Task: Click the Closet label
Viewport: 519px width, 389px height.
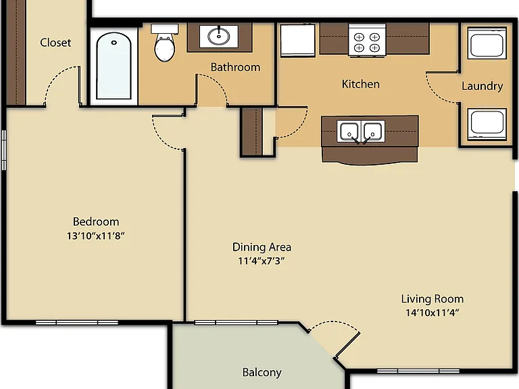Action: [55, 43]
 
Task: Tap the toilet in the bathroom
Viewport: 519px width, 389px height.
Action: [164, 43]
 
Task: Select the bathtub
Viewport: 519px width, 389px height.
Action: [114, 66]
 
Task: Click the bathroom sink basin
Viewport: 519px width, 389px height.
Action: [218, 36]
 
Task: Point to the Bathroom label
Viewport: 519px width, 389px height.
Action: [235, 67]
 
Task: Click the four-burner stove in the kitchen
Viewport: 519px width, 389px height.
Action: [367, 40]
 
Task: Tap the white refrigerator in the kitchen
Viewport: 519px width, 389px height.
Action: [298, 40]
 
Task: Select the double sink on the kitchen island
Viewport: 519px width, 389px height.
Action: [361, 131]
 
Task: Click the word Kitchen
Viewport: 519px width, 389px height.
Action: [361, 84]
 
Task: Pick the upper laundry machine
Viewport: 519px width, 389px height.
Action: [487, 43]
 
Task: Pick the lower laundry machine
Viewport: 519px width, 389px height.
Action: [487, 124]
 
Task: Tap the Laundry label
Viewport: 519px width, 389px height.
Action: [483, 86]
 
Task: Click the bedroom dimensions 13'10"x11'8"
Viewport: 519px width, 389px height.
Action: [96, 236]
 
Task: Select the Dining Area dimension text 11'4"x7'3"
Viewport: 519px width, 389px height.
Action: [262, 261]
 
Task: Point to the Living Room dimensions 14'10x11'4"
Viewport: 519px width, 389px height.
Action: [432, 313]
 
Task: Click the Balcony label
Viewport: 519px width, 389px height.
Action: [262, 373]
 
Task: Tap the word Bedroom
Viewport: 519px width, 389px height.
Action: [96, 222]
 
